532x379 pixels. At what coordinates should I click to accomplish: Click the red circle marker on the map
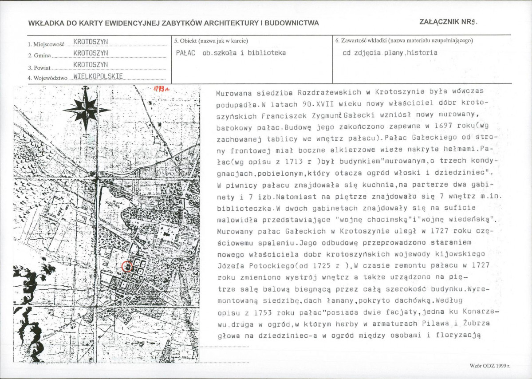[x=127, y=267]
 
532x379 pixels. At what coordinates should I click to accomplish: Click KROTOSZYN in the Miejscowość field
[x=91, y=42]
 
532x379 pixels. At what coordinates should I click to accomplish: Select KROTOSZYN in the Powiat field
[x=91, y=65]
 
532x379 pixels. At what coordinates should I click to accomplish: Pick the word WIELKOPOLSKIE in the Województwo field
[x=98, y=76]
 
